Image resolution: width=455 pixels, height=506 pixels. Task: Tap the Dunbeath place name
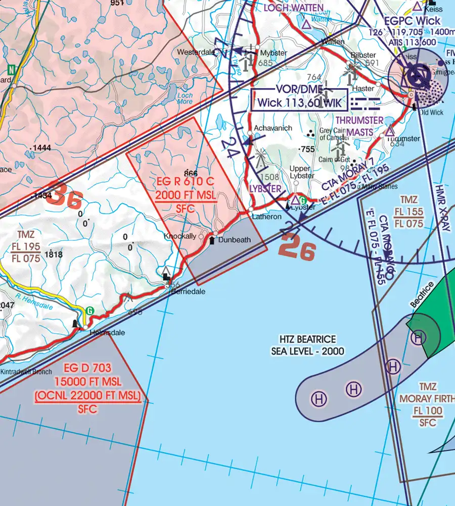[x=235, y=240]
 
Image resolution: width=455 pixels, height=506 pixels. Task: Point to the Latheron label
[x=266, y=217]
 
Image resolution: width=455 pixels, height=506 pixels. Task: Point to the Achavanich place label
[x=273, y=128]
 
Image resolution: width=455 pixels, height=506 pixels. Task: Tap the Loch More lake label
[x=185, y=98]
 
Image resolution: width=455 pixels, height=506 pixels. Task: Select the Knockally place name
[x=179, y=236]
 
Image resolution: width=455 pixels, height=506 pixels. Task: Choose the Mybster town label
[x=274, y=53]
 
